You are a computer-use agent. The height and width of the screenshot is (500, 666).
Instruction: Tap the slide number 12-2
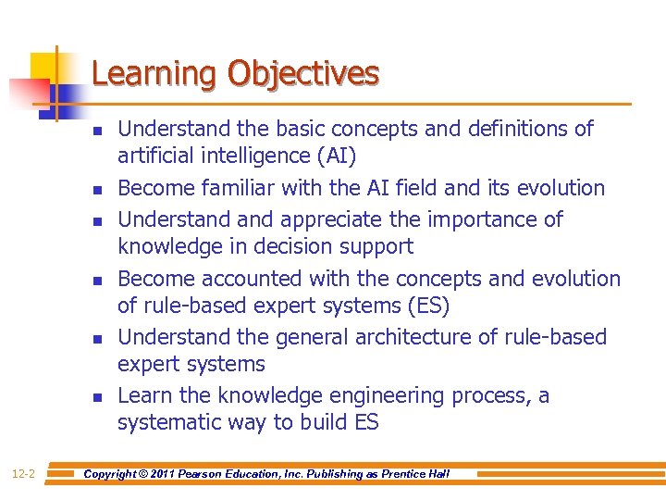[24, 474]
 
